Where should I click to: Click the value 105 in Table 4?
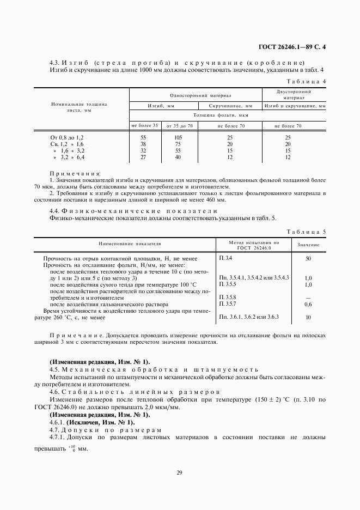(x=177, y=137)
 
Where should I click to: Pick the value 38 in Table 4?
(x=144, y=144)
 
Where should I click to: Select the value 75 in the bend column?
(x=177, y=144)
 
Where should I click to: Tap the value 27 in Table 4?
(x=144, y=157)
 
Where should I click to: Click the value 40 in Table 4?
(x=177, y=157)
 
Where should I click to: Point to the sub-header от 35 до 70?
(x=179, y=125)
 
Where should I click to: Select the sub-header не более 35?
(x=144, y=125)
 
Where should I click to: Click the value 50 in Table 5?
(x=308, y=258)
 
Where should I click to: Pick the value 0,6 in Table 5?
(x=308, y=304)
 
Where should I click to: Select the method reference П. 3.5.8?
(x=228, y=297)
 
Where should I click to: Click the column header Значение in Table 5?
(x=308, y=245)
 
